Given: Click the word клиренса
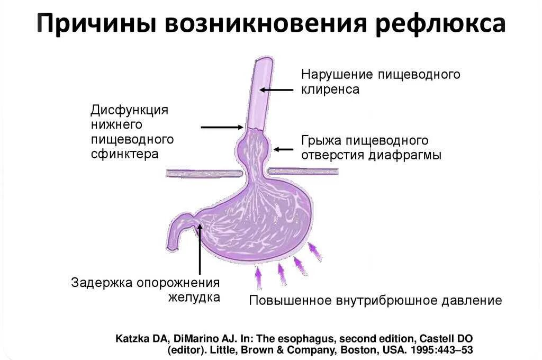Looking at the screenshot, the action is [x=330, y=89].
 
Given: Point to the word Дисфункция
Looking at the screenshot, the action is [x=129, y=110].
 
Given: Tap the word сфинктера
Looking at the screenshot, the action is [x=125, y=154].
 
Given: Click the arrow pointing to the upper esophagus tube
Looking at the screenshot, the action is [x=276, y=89].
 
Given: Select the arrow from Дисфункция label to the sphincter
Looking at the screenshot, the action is [x=222, y=127].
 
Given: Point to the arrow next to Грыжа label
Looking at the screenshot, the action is [x=283, y=149].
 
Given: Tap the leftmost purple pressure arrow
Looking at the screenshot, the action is [x=258, y=278].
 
